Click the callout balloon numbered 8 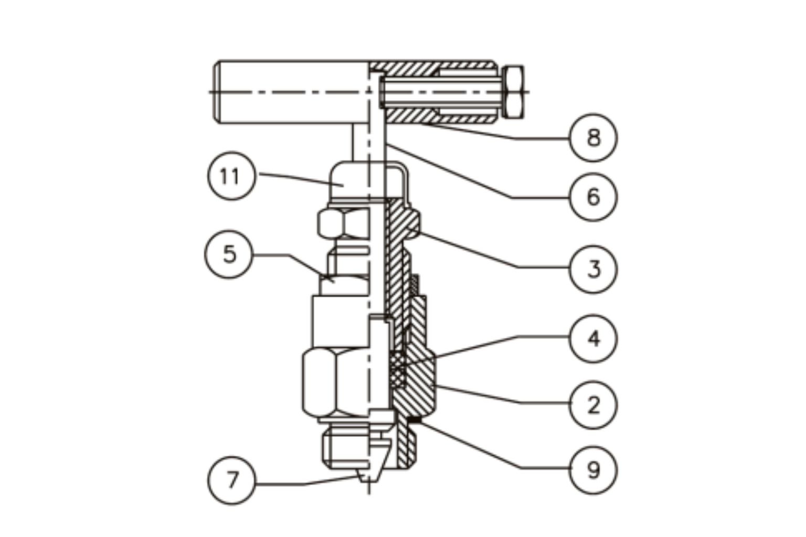coord(593,137)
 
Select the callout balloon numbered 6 coord(593,197)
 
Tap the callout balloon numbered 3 coord(593,268)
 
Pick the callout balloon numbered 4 coord(593,338)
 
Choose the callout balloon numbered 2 coord(593,405)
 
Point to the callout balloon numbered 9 coord(593,469)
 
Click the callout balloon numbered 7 coord(231,480)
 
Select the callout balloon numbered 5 coord(228,254)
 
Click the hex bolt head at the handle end coord(513,91)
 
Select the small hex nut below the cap coord(341,223)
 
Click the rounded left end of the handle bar coord(217,92)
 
